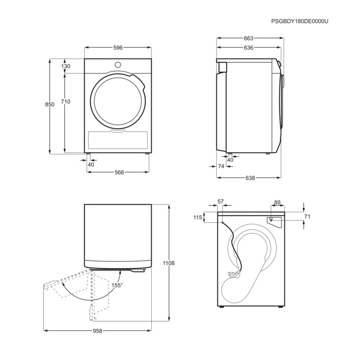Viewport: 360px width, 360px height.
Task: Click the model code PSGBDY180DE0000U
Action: (300, 21)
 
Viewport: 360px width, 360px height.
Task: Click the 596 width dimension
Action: (118, 48)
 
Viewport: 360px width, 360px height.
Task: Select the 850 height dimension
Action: (49, 104)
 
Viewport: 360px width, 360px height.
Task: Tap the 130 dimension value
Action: (66, 66)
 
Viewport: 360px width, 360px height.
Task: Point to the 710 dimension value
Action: (66, 102)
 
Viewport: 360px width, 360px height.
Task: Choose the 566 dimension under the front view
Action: (119, 172)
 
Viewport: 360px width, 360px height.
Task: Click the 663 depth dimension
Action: (248, 38)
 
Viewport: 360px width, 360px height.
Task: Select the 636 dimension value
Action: (248, 48)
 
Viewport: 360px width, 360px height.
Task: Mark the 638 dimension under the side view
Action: (250, 178)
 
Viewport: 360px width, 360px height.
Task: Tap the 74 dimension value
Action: (221, 166)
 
